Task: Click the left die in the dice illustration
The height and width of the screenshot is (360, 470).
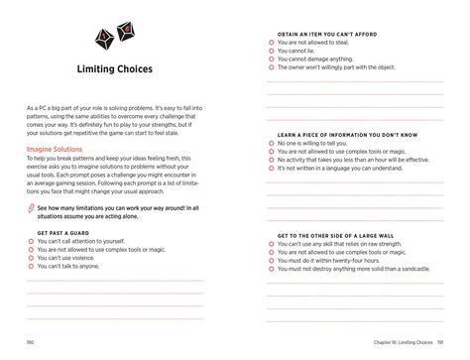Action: click(x=103, y=38)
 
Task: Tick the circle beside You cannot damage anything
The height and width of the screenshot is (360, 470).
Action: click(x=270, y=60)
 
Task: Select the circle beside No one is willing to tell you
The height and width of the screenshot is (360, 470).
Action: click(x=270, y=143)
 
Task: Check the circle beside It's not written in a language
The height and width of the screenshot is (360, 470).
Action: click(x=270, y=169)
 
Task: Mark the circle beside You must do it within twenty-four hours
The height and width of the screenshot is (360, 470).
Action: click(x=270, y=260)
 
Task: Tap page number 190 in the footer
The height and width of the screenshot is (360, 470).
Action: click(x=31, y=342)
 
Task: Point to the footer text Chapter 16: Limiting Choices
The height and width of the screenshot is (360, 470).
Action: click(x=397, y=342)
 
